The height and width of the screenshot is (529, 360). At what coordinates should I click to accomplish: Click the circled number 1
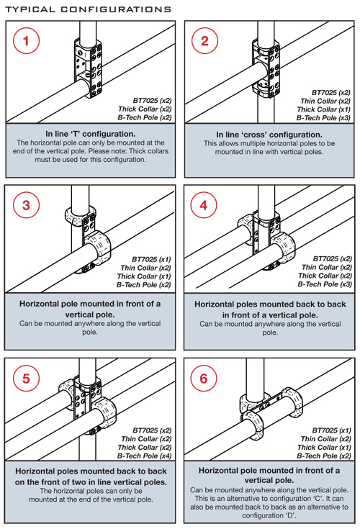26,41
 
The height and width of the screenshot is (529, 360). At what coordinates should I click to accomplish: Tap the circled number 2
204,41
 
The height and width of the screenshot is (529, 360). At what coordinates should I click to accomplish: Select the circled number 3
26,205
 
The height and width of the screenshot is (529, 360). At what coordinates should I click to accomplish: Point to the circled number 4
204,205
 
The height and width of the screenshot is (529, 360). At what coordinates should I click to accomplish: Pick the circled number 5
26,378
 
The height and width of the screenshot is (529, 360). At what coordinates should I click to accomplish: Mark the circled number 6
204,378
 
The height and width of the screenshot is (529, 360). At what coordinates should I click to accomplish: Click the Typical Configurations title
88,9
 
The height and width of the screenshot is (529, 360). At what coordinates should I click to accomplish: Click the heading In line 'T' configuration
91,134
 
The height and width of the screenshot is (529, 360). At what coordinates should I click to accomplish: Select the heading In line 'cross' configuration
269,135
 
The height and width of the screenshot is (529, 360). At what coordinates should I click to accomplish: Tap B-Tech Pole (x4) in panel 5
145,456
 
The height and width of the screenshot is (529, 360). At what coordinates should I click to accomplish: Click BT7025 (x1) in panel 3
151,259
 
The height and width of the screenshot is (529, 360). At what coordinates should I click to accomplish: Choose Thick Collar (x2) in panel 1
145,109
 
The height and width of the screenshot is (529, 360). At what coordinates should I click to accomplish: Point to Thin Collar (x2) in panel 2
325,101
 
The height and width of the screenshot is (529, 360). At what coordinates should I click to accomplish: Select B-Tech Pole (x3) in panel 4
325,284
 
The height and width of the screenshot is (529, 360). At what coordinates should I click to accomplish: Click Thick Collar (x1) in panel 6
324,448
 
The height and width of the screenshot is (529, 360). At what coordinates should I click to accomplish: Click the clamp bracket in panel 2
266,69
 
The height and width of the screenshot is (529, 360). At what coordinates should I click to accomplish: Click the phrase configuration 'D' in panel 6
269,515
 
